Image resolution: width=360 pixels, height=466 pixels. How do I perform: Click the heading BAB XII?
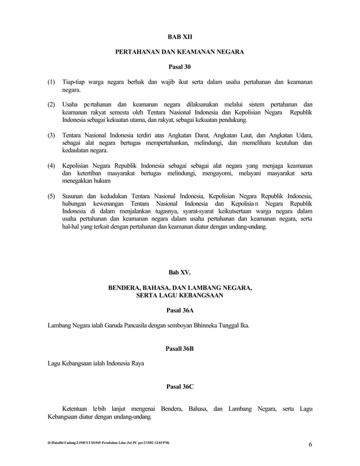pos(180,37)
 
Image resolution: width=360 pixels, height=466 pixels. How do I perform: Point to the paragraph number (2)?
pos(51,105)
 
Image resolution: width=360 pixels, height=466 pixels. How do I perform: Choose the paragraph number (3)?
pos(51,135)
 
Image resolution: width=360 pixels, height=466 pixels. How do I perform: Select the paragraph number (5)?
pos(51,196)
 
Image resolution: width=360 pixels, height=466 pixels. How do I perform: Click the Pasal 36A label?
pos(180,310)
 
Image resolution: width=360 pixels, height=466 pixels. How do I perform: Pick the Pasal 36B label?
pos(179,349)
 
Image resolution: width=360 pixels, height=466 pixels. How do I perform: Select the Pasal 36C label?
pos(180,387)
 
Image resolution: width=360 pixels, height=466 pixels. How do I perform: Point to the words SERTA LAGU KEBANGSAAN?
pos(180,295)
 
